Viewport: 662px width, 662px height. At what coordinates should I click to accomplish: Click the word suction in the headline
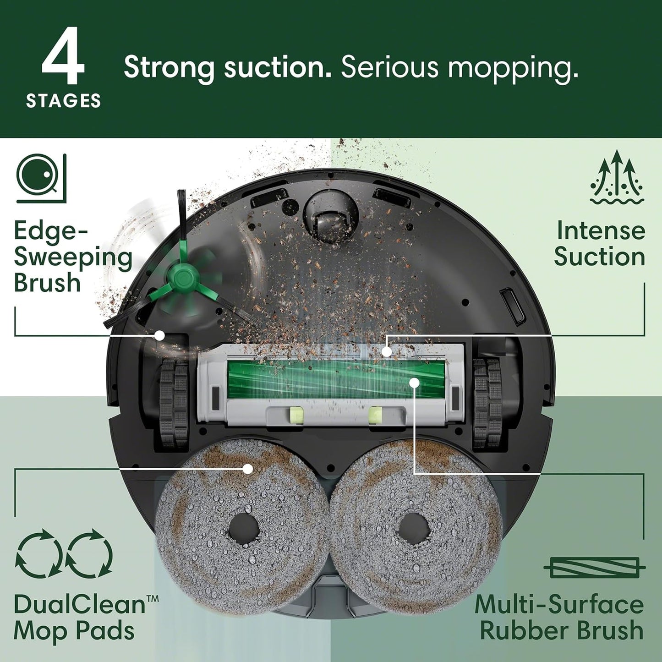[277, 68]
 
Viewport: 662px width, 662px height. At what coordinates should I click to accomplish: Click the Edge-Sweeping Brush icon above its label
[42, 178]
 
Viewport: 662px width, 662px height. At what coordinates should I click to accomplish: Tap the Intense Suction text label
[600, 243]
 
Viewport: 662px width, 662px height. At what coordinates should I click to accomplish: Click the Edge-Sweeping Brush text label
[72, 256]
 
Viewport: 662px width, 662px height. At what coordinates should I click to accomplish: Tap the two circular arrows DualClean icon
[64, 553]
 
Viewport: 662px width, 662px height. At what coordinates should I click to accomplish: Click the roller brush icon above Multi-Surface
[595, 568]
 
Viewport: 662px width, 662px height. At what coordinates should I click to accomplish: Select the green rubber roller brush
[336, 378]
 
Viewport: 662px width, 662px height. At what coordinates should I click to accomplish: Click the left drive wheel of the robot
[174, 403]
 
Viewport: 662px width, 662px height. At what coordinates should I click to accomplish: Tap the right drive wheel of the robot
[488, 403]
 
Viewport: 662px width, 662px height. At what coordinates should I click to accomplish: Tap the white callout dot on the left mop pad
[248, 468]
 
